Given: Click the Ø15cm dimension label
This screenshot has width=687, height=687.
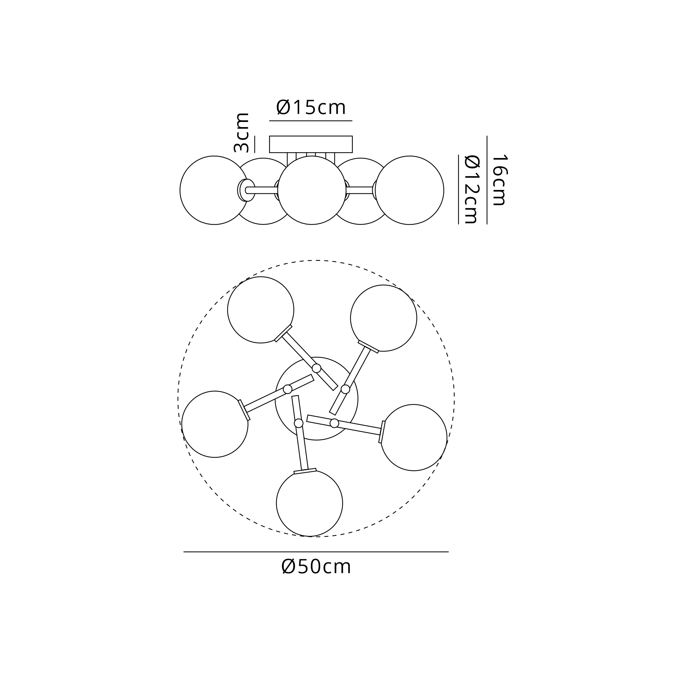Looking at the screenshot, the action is pos(311,108).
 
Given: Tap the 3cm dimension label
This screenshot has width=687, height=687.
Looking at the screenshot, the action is pos(241,133).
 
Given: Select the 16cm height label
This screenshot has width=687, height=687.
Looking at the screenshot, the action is pos(499,180).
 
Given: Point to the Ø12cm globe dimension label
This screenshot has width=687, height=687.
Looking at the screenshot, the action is pos(472,190).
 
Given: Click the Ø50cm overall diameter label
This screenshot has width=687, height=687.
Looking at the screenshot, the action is pos(316,566).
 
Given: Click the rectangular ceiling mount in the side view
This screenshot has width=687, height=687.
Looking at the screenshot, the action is pos(311,144).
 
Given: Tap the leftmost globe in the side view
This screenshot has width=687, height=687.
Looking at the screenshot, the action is pos(214,190).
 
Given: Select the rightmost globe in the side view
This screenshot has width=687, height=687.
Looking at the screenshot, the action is pos(410,190).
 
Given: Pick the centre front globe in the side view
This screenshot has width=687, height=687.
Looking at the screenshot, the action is pos(312,190).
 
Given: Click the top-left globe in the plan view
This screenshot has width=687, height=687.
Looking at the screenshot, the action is pos(261,310).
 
